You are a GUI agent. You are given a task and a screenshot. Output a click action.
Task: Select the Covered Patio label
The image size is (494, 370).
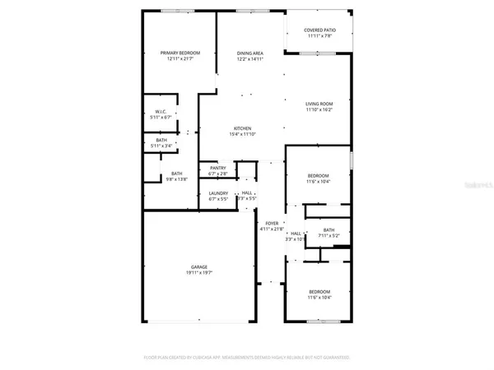(x=318, y=30)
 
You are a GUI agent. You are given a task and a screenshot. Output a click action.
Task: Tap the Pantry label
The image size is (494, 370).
(x=218, y=168)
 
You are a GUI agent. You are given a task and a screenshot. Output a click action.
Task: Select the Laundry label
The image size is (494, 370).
(x=218, y=192)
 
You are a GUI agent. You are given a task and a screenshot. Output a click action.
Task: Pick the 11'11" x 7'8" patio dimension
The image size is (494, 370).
(x=318, y=36)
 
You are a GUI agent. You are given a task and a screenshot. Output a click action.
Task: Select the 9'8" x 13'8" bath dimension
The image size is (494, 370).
(x=176, y=179)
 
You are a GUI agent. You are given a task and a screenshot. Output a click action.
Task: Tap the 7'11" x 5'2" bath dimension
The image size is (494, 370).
(x=329, y=236)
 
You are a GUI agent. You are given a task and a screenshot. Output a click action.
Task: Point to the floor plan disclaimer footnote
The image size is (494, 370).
(x=247, y=358)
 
